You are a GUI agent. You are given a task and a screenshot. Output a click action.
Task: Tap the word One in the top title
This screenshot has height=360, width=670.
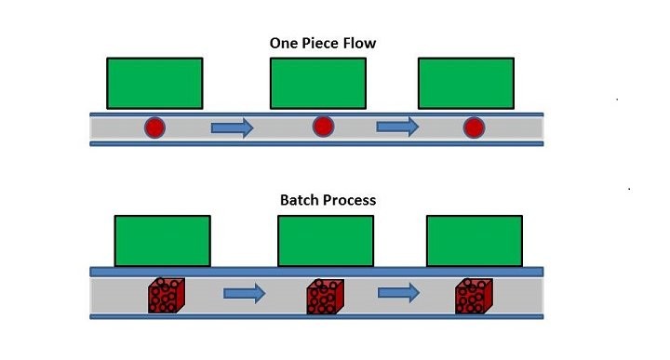[x=282, y=44]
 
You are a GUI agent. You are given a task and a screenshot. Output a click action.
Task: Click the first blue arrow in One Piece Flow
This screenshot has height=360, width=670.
[x=232, y=128]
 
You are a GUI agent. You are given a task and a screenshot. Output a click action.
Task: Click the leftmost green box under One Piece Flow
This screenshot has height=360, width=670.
[x=154, y=83]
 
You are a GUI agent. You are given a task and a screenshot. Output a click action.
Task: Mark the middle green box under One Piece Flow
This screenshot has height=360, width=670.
[x=316, y=83]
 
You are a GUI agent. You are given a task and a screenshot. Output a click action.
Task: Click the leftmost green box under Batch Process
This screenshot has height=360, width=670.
[x=162, y=240]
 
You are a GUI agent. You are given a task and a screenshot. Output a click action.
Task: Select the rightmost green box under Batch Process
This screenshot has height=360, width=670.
[x=473, y=240]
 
